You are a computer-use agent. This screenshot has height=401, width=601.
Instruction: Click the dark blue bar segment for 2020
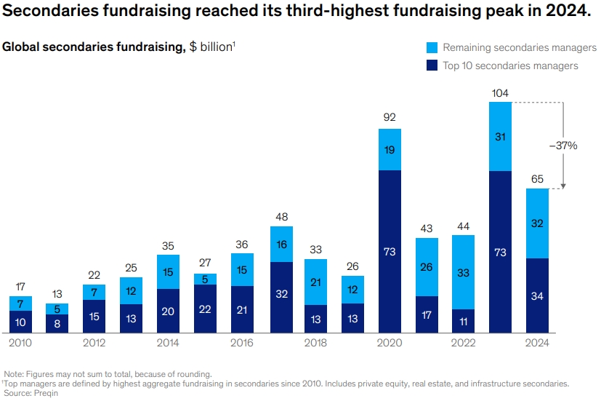click(390, 251)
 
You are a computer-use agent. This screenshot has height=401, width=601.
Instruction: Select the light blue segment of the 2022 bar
click(463, 271)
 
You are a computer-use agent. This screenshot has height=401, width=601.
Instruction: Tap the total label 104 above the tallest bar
click(500, 93)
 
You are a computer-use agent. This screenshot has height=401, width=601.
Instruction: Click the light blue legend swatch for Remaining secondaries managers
click(432, 47)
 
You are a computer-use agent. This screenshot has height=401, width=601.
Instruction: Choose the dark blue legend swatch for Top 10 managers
click(432, 65)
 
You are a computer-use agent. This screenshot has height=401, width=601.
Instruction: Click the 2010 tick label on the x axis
click(20, 343)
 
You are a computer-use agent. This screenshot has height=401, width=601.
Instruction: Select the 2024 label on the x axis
click(537, 343)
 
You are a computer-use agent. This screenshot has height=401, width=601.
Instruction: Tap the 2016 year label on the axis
click(242, 343)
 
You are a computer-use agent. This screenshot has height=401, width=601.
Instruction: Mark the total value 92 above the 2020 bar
click(390, 116)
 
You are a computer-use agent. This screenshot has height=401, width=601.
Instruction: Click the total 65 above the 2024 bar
click(537, 178)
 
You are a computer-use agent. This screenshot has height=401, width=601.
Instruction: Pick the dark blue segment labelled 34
click(537, 295)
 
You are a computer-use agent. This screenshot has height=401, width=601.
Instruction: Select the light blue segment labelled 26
click(427, 266)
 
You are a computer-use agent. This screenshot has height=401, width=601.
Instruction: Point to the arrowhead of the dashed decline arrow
click(563, 186)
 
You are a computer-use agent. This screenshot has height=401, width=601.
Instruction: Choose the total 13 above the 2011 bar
click(57, 293)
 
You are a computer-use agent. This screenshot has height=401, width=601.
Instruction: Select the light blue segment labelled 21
click(316, 282)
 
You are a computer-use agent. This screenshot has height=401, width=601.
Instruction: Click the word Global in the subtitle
click(21, 47)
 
